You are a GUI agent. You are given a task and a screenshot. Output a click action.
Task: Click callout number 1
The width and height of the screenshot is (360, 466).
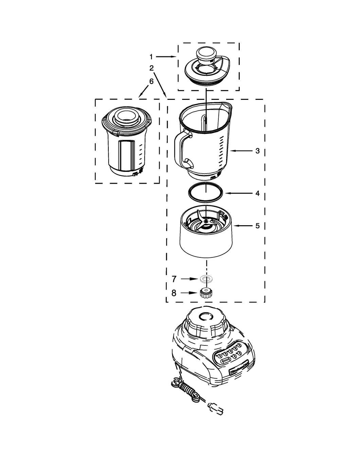point(151,56)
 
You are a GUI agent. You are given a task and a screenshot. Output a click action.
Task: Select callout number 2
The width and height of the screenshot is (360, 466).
point(151,68)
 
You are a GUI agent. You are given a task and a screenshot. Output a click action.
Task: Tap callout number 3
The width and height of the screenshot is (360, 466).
point(257,151)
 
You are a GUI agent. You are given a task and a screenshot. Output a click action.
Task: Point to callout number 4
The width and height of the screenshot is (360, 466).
point(257,193)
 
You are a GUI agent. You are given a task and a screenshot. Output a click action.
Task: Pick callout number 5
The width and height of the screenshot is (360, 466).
point(257,226)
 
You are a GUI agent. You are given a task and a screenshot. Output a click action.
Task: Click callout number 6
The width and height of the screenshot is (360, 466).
point(151,81)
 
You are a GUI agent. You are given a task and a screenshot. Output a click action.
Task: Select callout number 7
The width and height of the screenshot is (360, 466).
point(174,279)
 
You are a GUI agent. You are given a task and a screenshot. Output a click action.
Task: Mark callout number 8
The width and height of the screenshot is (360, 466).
point(174,293)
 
